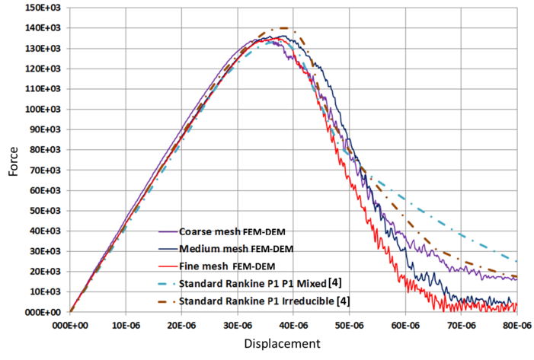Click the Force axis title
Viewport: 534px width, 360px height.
pos(14,161)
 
